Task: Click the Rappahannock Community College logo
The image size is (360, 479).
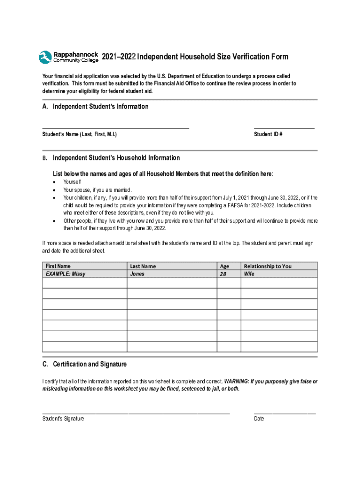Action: click(68, 57)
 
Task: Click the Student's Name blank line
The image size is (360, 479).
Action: click(115, 127)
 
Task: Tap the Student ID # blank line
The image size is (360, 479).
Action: click(284, 127)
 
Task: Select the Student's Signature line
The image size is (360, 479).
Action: click(136, 414)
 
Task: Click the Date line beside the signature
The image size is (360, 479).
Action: click(285, 414)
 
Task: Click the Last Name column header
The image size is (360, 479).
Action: click(143, 266)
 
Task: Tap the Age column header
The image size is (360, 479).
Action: click(224, 266)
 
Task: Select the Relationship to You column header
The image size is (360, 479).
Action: click(267, 266)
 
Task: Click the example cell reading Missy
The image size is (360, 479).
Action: click(65, 274)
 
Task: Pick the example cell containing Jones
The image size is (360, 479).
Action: click(137, 274)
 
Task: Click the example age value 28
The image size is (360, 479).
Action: click(223, 274)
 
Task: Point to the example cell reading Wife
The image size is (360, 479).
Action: click(249, 274)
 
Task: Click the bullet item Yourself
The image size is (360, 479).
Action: click(72, 182)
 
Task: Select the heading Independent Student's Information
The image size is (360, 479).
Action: click(101, 107)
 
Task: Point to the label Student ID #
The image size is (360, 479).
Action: click(268, 134)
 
